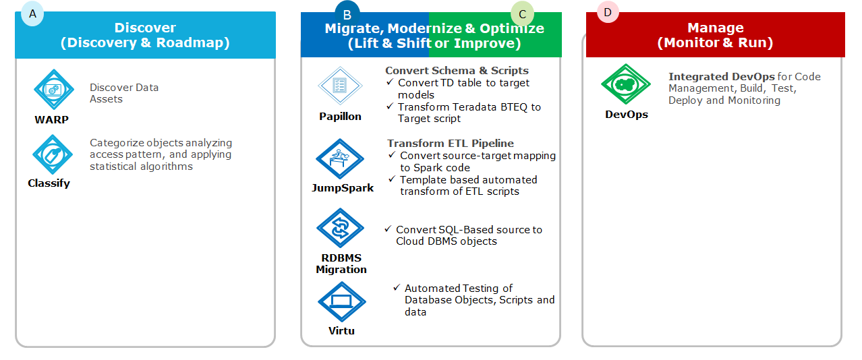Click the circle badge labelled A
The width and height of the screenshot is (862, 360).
32,14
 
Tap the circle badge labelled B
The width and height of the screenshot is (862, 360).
347,14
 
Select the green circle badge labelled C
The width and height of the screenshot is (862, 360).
522,14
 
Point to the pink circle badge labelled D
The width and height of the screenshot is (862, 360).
608,12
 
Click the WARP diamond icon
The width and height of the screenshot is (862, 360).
54,89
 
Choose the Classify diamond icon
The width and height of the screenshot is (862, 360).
53,154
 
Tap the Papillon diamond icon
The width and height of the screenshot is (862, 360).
340,86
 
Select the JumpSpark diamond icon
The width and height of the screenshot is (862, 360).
340,158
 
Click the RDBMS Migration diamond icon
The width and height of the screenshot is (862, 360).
340,228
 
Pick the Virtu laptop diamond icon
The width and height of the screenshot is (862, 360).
342,301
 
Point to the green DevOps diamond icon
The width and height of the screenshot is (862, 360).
626,84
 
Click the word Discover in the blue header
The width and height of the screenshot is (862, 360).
145,28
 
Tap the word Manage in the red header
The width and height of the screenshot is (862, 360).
716,28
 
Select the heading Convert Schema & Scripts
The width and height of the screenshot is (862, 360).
457,70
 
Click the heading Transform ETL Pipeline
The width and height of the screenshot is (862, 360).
451,143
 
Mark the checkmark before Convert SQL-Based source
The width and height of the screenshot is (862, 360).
388,229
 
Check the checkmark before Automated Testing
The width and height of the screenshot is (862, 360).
397,288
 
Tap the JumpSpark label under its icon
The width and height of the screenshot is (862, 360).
343,187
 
